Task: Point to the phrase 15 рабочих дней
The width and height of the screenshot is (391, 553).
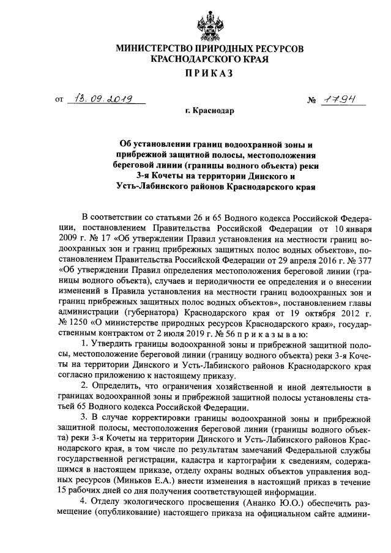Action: coord(87,489)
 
